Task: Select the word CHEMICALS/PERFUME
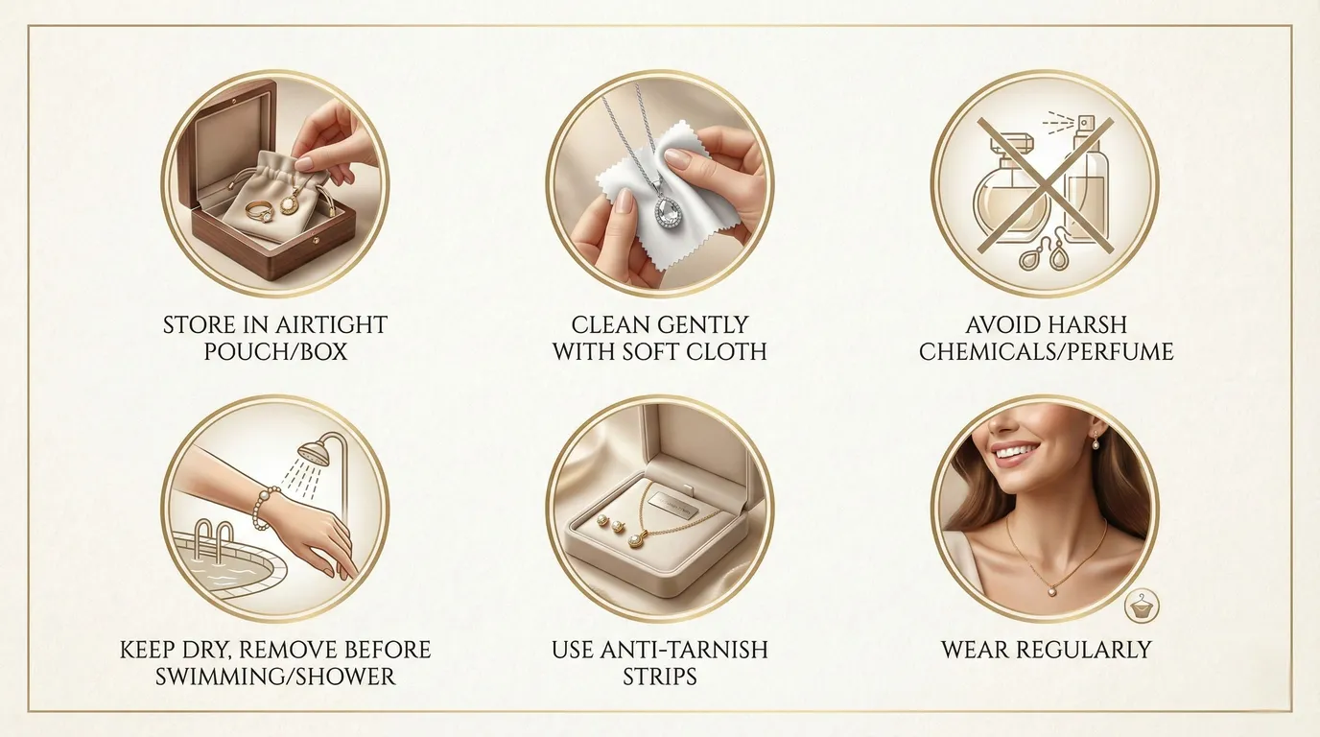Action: pyautogui.click(x=1046, y=351)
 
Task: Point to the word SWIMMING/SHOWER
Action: pyautogui.click(x=275, y=676)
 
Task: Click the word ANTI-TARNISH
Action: pyautogui.click(x=694, y=650)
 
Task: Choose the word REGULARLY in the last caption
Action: pyautogui.click(x=1088, y=650)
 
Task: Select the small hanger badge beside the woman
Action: pyautogui.click(x=1142, y=604)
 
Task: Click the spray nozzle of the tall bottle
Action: pyautogui.click(x=1086, y=125)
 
